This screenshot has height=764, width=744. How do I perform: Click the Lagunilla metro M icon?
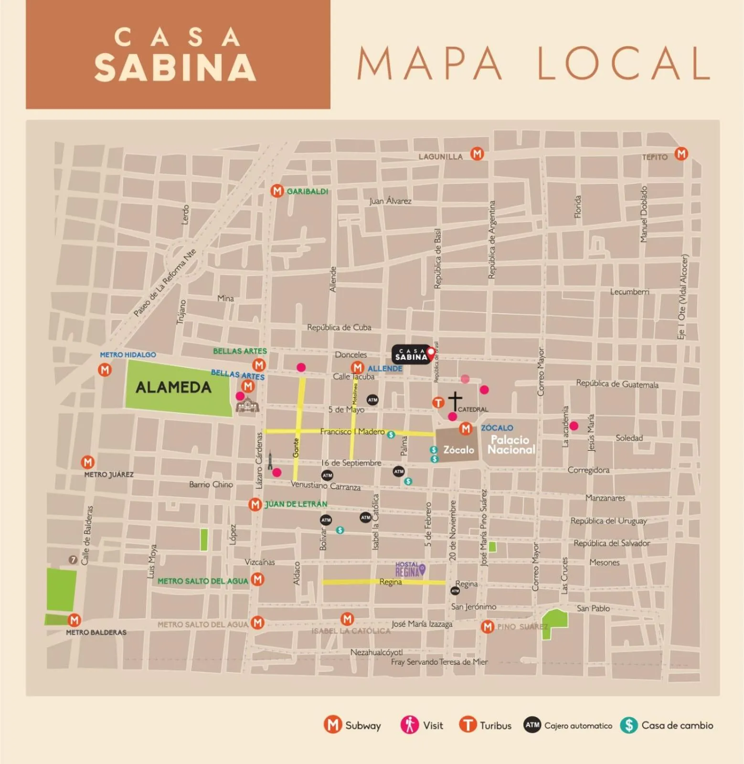pos(477,154)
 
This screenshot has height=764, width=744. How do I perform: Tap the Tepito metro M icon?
pos(681,154)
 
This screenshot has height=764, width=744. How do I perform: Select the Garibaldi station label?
pos(307,191)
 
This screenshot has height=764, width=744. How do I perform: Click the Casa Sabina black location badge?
pos(411,354)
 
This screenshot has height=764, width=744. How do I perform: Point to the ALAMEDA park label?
pos(173,387)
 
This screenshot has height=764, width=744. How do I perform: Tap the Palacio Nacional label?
pos(510,445)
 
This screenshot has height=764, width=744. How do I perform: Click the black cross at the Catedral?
pos(455,400)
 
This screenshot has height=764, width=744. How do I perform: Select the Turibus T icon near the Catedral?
pos(438,403)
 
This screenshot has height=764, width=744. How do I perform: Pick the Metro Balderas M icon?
pos(74,620)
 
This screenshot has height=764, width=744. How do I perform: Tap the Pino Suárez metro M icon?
pos(487,626)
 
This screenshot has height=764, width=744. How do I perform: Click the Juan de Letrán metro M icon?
pos(255,504)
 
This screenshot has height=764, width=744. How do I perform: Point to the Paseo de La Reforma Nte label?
pos(165,283)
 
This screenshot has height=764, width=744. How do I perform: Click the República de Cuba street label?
pos(339,328)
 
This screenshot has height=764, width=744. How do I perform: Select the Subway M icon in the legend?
pos(333,725)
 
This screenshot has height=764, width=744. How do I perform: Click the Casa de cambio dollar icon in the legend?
pos(629,725)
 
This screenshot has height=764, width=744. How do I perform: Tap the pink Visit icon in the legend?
pos(409,725)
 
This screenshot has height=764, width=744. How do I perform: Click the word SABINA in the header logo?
pos(175,68)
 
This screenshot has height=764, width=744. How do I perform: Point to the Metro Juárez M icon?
pos(87,462)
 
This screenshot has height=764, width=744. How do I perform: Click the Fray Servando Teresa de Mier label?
pos(439,662)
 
